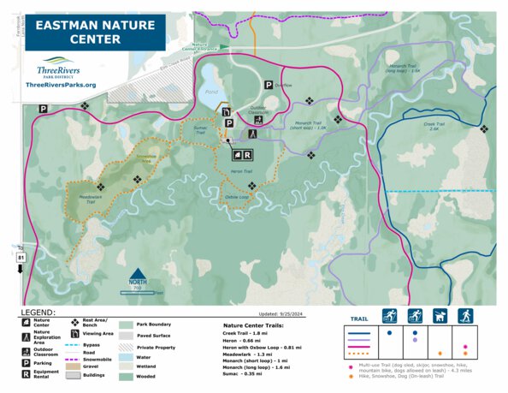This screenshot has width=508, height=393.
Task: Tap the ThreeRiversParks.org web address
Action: [x=61, y=86]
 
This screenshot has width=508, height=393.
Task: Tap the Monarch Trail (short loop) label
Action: [x=311, y=125]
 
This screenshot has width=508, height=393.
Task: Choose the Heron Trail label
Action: [x=242, y=171]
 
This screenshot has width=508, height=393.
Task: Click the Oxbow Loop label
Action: [x=237, y=197]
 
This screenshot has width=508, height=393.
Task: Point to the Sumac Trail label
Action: [x=199, y=131]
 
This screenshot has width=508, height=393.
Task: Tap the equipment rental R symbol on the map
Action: [x=247, y=155]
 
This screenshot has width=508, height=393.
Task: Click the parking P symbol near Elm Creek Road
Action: [x=42, y=109]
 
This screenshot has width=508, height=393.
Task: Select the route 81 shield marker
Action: [x=21, y=256]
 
